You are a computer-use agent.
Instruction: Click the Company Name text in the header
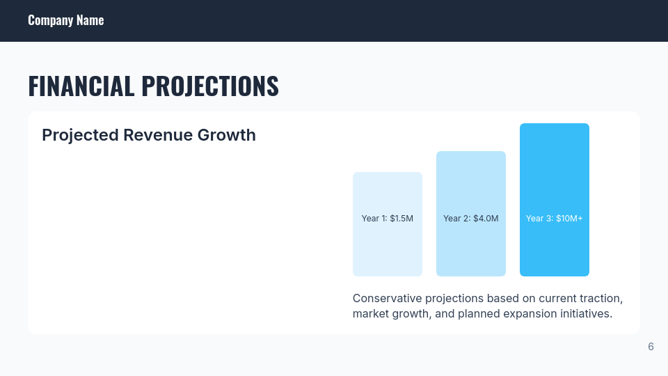(x=65, y=20)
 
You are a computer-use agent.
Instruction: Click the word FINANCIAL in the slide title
(x=81, y=86)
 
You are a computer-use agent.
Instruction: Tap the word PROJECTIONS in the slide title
(x=209, y=86)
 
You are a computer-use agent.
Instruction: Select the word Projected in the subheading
(x=80, y=135)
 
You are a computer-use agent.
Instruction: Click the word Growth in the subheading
(x=227, y=135)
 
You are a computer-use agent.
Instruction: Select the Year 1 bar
(x=387, y=244)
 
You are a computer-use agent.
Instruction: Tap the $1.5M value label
(x=401, y=219)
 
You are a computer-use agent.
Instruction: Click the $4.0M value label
(x=486, y=219)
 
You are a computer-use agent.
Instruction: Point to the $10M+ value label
(x=569, y=219)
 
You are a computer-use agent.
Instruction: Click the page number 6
(x=651, y=347)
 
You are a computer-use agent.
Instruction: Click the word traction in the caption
(x=601, y=298)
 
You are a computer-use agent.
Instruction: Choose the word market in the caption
(x=371, y=314)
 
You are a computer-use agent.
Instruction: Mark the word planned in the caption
(x=478, y=314)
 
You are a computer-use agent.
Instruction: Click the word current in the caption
(x=557, y=298)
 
